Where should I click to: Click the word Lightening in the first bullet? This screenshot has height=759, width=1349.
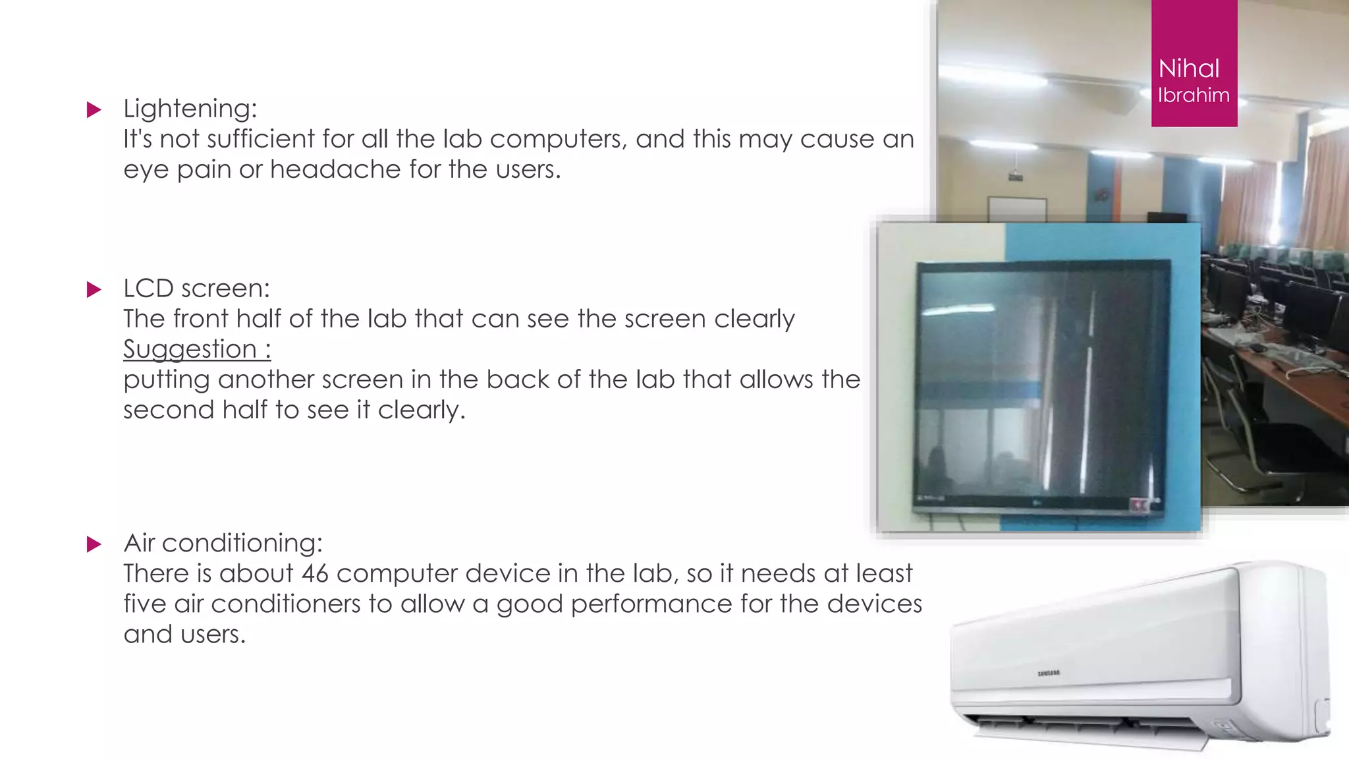click(186, 109)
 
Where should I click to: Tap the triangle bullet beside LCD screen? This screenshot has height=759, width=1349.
click(94, 289)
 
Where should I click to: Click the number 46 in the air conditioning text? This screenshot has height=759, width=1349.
click(315, 573)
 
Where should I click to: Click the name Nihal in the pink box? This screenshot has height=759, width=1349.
click(1188, 69)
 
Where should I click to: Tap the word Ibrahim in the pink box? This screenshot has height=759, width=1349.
click(1194, 96)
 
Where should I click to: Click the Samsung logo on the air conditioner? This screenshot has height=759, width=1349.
click(1049, 673)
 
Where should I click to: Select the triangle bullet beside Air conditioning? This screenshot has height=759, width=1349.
click(94, 544)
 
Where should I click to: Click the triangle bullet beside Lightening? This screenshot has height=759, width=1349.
click(94, 109)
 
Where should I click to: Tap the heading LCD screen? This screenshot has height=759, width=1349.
click(196, 289)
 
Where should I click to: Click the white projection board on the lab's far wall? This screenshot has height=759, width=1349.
click(1016, 208)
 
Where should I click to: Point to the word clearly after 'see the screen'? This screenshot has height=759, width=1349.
click(754, 319)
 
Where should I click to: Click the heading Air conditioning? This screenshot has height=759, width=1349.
click(223, 543)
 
